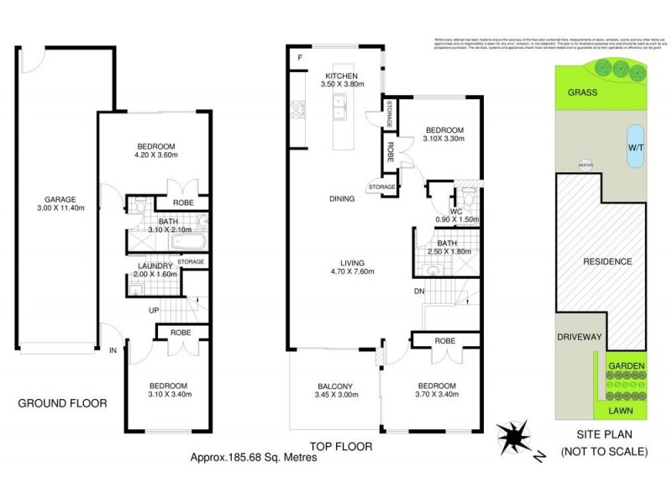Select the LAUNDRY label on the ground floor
[x=155, y=266]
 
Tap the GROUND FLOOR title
[x=62, y=403]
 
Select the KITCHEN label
[x=344, y=74]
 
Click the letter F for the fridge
[x=299, y=57]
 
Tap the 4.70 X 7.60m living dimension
[x=350, y=271]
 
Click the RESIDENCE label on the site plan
[x=607, y=261]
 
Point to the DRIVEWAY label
[x=580, y=337]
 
